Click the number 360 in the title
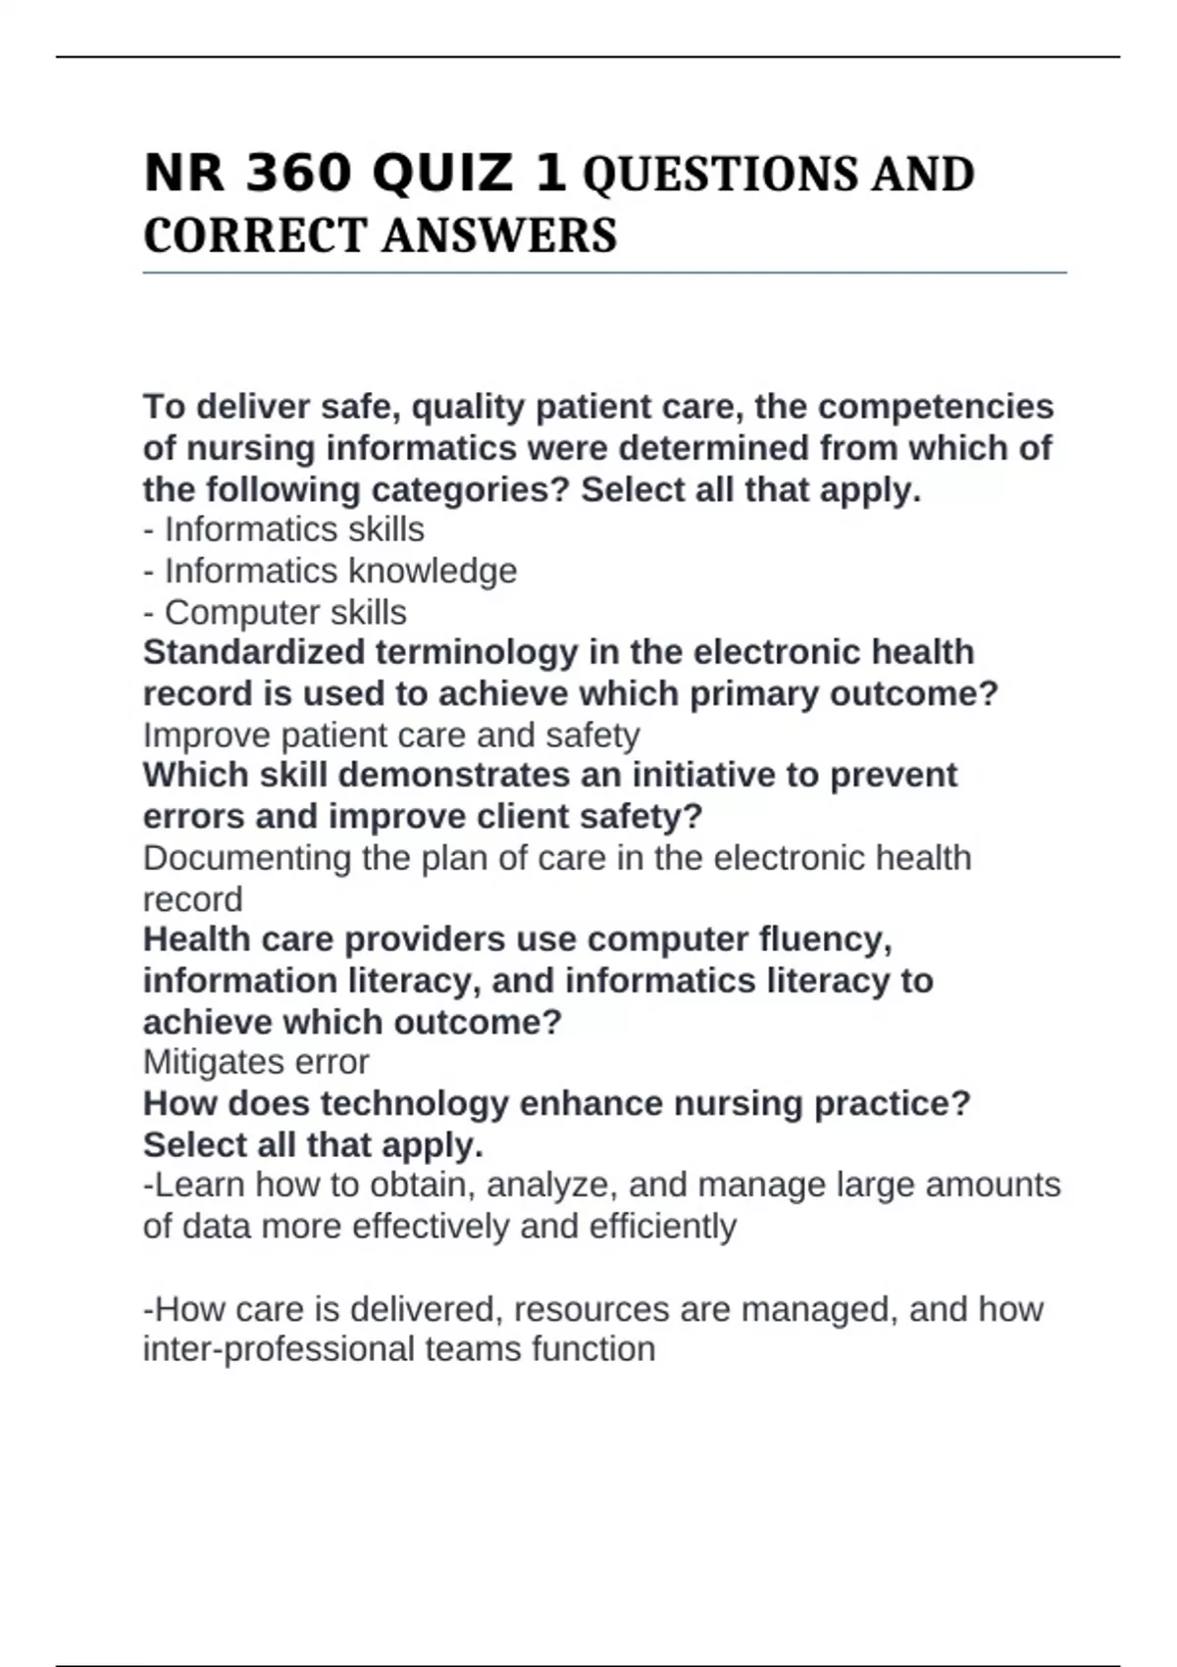(298, 174)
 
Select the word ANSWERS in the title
(499, 235)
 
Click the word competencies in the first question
(936, 406)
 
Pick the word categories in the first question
(467, 488)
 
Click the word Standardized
(254, 652)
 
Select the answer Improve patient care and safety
(391, 734)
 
